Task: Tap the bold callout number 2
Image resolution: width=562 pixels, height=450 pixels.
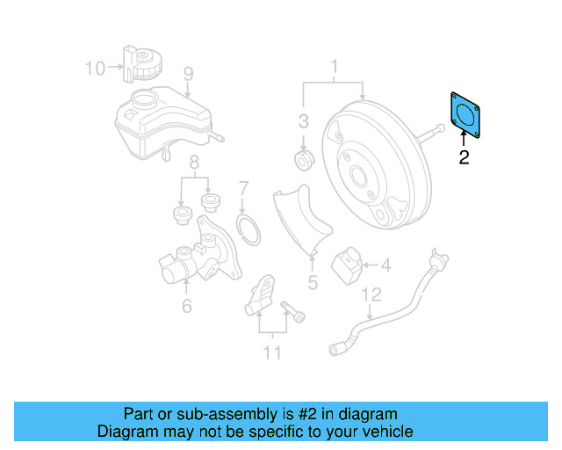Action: pyautogui.click(x=464, y=158)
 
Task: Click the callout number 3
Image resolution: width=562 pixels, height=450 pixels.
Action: pyautogui.click(x=303, y=121)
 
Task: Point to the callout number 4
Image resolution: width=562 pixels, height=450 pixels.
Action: pyautogui.click(x=385, y=263)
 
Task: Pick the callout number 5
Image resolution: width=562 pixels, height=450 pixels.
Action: pyautogui.click(x=312, y=283)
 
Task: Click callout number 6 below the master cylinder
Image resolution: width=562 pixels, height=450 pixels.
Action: pyautogui.click(x=186, y=306)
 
